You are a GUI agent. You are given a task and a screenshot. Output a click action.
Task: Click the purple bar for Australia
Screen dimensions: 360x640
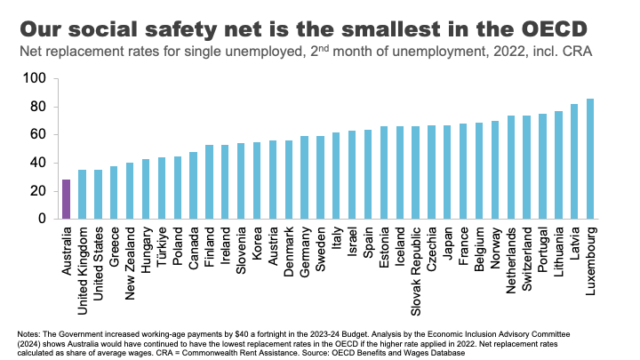[x=66, y=199]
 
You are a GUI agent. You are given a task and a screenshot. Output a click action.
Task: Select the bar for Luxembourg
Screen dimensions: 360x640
[x=590, y=159]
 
